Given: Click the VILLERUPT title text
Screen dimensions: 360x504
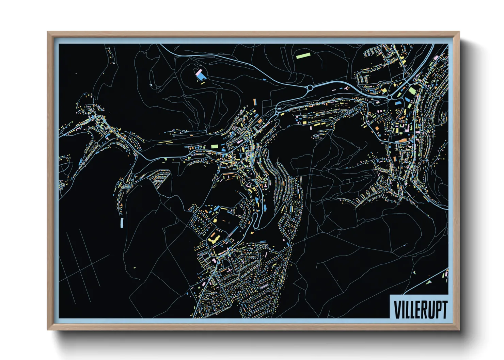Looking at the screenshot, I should [420, 310].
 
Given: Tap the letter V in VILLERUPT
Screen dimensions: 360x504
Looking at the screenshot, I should [397, 310].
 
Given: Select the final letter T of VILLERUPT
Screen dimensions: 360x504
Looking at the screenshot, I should [443, 310].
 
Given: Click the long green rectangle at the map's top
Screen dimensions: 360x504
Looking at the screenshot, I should [303, 55].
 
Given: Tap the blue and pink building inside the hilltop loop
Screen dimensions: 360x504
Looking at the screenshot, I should [201, 75].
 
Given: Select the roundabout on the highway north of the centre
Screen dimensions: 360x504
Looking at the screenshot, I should [310, 88].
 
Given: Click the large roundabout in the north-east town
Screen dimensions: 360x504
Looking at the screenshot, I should [389, 97].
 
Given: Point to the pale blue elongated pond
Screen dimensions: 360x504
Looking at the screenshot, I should [121, 223].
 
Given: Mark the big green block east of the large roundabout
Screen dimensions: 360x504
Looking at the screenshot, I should [412, 91].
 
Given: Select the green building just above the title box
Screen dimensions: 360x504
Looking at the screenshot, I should [428, 282].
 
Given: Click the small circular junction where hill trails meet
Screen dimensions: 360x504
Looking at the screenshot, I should [207, 127].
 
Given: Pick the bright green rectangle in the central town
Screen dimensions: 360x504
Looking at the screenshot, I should [214, 146].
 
